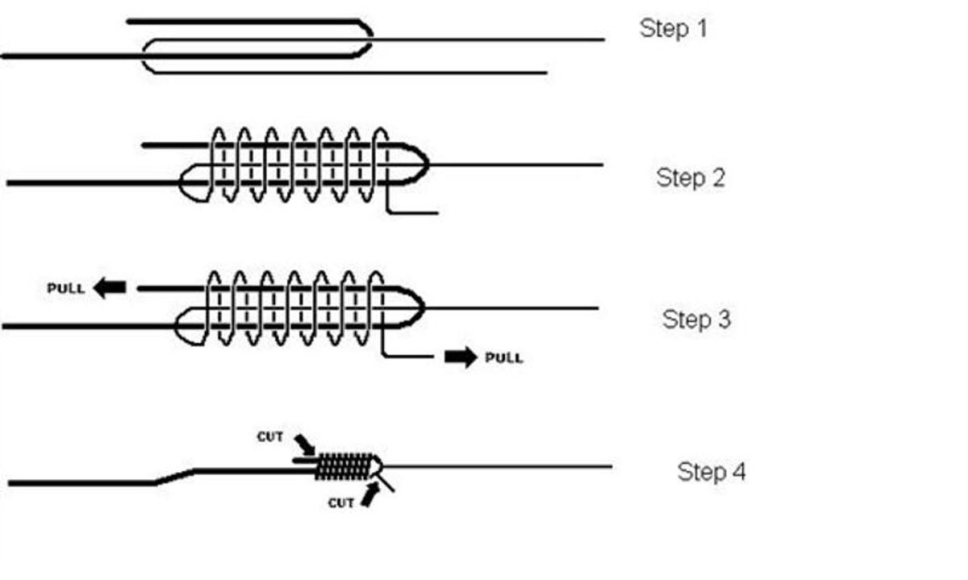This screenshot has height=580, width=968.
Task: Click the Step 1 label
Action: (673, 28)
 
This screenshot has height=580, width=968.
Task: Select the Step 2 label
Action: (691, 177)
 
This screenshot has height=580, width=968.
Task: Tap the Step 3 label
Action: (696, 319)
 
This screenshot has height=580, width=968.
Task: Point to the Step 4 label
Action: (711, 471)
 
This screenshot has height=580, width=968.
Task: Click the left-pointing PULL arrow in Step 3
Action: (110, 288)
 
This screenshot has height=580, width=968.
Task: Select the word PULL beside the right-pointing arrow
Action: (503, 357)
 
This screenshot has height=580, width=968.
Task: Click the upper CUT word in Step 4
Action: (270, 436)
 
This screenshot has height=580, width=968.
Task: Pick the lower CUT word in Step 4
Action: (341, 503)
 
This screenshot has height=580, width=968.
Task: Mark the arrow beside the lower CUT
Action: (368, 494)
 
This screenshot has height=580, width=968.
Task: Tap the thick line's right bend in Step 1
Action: (367, 38)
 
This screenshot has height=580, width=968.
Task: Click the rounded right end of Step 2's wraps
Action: (420, 165)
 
